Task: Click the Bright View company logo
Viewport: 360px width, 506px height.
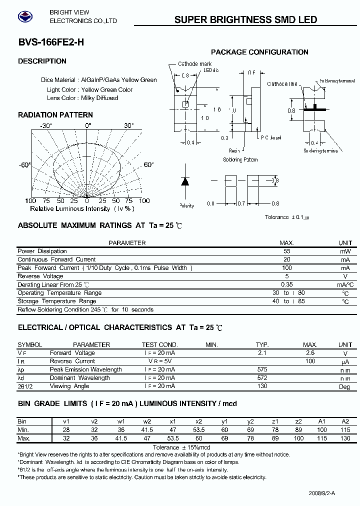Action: [x=24, y=16]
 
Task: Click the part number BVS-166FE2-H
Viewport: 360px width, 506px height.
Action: [x=44, y=43]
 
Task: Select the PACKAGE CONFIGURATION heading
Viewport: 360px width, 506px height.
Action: [x=259, y=52]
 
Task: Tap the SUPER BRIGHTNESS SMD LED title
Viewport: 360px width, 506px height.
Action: [x=245, y=20]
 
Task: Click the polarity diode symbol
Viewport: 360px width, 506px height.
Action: [x=185, y=181]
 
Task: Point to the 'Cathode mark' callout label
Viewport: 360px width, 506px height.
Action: [x=195, y=64]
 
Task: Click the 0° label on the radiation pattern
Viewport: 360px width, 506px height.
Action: [x=88, y=125]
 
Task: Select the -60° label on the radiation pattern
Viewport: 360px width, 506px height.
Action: [x=25, y=164]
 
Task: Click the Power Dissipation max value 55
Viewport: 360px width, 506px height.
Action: [x=286, y=251]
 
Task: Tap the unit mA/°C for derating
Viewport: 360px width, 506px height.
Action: [x=345, y=284]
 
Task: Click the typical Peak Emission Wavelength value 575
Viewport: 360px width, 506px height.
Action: [x=262, y=369]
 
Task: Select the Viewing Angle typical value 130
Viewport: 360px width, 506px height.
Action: [x=262, y=386]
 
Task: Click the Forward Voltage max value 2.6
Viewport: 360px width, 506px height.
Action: [x=310, y=353]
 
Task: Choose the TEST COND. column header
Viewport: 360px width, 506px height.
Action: [x=159, y=344]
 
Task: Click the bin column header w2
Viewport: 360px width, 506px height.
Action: [x=147, y=421]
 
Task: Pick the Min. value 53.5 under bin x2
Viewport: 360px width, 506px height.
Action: [x=198, y=430]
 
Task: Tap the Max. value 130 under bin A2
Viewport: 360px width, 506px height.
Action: [x=345, y=438]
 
